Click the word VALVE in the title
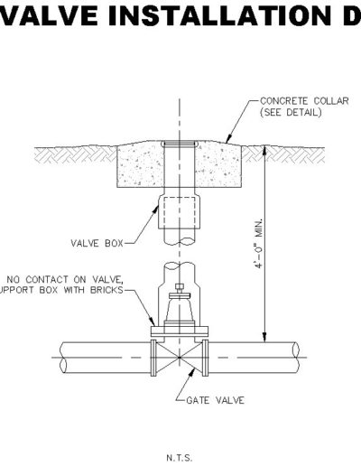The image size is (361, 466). [x=49, y=15]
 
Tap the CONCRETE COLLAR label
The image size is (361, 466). [x=304, y=101]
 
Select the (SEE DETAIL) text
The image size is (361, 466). [x=291, y=112]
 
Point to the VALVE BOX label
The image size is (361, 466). [x=97, y=243]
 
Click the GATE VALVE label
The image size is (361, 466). [x=216, y=400]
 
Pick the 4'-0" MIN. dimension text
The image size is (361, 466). [x=259, y=243]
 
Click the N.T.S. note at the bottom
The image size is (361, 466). [x=179, y=458]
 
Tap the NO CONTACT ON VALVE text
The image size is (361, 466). [x=65, y=280]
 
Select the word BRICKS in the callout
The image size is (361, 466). [x=106, y=290]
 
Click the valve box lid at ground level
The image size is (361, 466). [x=180, y=144]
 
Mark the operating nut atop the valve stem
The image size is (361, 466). [x=180, y=286]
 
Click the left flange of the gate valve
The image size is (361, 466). [x=153, y=358]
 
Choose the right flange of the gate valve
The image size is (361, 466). [x=205, y=358]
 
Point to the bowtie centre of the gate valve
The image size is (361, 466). [x=180, y=358]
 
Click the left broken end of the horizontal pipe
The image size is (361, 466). [x=63, y=358]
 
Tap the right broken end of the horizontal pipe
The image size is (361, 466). [x=296, y=358]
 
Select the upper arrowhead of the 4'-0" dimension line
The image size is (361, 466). [x=264, y=151]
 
